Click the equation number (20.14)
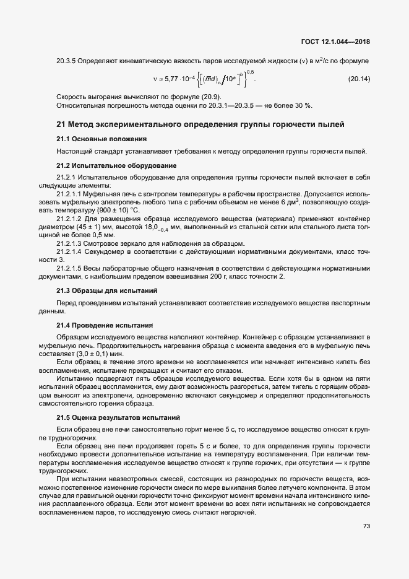[x=358, y=79]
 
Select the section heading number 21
[x=61, y=125]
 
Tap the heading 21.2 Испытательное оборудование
[x=116, y=165]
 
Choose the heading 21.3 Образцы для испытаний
[x=106, y=290]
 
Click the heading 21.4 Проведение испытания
[x=105, y=325]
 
